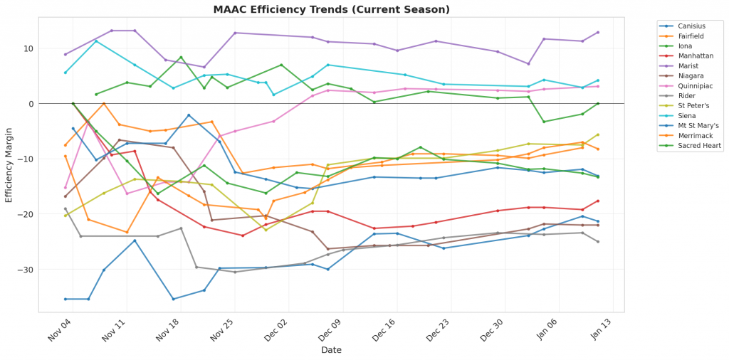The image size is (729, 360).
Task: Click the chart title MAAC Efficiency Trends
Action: point(331,10)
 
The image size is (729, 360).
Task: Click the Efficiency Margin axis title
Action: point(9,165)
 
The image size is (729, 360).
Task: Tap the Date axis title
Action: point(331,350)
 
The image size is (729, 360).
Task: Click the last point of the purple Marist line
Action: point(598,32)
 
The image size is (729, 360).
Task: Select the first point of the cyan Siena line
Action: point(65,73)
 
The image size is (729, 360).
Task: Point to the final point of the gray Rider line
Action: point(598,242)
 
